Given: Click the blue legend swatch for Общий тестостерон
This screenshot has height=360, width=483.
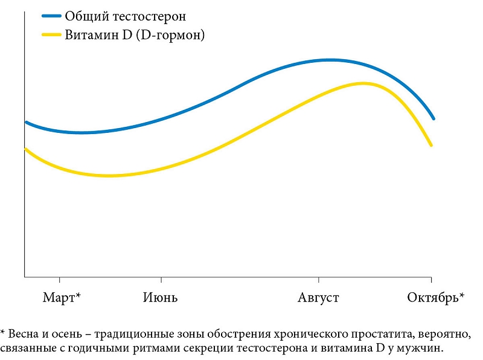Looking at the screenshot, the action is [x=51, y=16].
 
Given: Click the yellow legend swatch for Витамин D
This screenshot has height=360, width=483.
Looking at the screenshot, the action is [x=51, y=34].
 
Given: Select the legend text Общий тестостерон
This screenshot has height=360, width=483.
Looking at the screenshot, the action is [x=126, y=16].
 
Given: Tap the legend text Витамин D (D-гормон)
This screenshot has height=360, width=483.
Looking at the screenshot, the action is [x=135, y=35].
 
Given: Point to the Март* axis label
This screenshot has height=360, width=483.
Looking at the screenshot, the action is [x=62, y=297].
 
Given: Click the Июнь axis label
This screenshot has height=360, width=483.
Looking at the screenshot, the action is [x=160, y=297].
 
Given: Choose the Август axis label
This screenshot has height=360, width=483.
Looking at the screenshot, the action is [x=318, y=298].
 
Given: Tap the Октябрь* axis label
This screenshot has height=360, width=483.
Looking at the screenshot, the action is [x=435, y=297].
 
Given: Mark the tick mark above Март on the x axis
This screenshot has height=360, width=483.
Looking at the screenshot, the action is [x=59, y=280].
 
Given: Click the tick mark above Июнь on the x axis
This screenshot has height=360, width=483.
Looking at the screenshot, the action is [x=161, y=280].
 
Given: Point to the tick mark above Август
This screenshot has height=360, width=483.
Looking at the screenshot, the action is [x=319, y=280].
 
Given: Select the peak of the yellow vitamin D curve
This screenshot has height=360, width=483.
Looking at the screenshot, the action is [x=363, y=83].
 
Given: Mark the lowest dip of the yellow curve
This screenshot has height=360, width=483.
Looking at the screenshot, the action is [x=109, y=176].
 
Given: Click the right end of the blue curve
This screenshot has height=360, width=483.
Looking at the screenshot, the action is [x=433, y=118].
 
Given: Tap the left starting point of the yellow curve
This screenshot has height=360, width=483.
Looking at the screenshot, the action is [x=25, y=149].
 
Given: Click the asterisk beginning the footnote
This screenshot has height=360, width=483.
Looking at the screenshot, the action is [x=3, y=332].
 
